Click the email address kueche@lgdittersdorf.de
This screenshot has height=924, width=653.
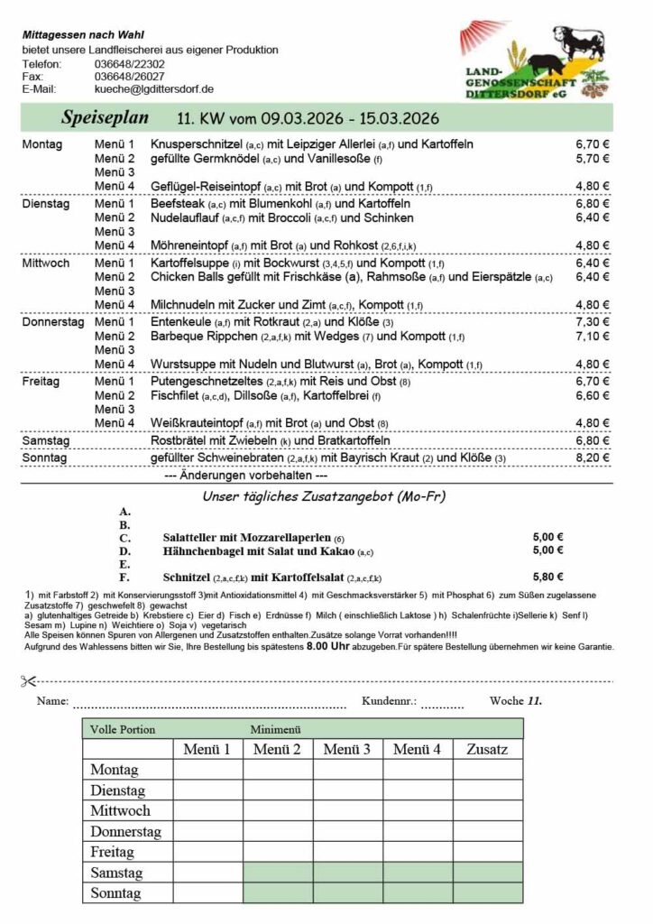coord(153,89)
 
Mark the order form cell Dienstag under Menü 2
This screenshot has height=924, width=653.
coord(277,790)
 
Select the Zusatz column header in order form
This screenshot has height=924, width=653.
coord(487,749)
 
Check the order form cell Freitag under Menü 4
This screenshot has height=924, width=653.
coord(417,852)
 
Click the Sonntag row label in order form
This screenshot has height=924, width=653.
coord(115,893)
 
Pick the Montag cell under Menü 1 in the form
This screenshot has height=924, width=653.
coord(207,770)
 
